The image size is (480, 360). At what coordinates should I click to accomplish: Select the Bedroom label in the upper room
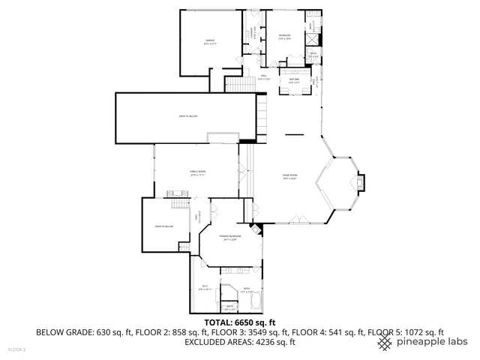coord(284,37)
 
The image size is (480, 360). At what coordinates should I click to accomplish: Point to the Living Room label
coord(289,177)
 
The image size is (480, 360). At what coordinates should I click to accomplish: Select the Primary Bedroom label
coord(229,238)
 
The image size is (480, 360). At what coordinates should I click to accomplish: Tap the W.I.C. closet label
coord(205,287)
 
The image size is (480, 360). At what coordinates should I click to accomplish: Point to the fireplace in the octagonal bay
coord(361,182)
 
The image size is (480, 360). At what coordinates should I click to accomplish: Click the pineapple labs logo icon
coord(384,342)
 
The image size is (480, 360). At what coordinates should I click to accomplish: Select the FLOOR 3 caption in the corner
coord(16,349)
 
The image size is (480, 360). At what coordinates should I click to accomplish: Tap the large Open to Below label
coord(187,116)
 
